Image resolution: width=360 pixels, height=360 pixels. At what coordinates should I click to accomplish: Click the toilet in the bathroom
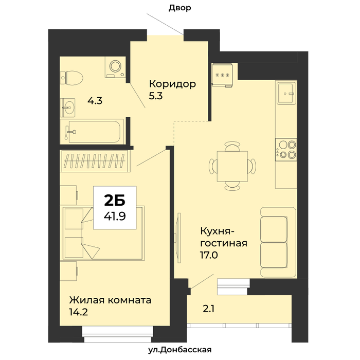click(71, 77)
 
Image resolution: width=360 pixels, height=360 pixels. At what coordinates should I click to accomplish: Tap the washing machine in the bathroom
click(116, 67)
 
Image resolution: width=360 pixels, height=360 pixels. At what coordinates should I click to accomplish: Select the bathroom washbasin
click(67, 107)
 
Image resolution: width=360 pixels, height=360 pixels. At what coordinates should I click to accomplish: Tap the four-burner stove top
click(286, 150)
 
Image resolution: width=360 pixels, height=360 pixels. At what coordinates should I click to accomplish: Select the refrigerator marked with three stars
click(222, 75)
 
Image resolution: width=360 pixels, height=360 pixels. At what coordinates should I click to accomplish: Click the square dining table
click(232, 166)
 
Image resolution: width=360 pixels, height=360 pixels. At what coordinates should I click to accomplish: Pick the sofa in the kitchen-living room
click(278, 242)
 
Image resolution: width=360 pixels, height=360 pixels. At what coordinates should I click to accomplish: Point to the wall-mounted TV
click(178, 238)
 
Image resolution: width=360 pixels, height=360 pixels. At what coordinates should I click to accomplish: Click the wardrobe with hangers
click(95, 160)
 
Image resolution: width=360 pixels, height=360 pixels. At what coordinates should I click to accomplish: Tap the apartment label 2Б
click(115, 200)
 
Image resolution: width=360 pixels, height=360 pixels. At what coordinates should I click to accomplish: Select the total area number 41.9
click(115, 216)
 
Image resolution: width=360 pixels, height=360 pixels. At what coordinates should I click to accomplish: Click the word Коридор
click(172, 84)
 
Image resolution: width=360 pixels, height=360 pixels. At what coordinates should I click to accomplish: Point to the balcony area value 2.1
click(208, 309)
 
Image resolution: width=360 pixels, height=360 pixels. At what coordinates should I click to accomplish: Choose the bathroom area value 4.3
click(95, 101)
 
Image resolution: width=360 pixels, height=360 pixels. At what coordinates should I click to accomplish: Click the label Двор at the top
click(180, 8)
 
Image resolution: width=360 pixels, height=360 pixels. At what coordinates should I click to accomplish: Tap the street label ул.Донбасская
click(180, 350)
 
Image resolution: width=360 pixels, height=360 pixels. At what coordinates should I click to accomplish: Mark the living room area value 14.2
click(78, 312)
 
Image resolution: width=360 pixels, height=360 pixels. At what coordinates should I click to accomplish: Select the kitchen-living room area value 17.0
click(209, 255)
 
